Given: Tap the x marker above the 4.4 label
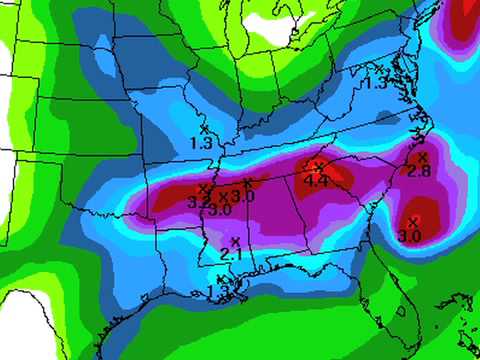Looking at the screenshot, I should [x=319, y=167].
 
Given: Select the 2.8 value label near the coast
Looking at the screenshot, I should [x=420, y=171].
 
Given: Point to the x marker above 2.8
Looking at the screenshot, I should [x=422, y=157].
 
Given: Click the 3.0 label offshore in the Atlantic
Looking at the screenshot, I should [x=409, y=236].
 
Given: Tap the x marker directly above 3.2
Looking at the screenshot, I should [x=203, y=189].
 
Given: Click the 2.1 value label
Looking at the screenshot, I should [x=230, y=255].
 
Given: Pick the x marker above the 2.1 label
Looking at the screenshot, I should [x=236, y=242].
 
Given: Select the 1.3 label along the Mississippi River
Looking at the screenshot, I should [x=200, y=143].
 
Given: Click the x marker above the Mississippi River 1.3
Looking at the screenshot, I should [x=204, y=129].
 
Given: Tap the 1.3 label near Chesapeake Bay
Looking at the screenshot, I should [x=375, y=83].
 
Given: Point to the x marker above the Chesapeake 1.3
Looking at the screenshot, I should [x=379, y=69].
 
